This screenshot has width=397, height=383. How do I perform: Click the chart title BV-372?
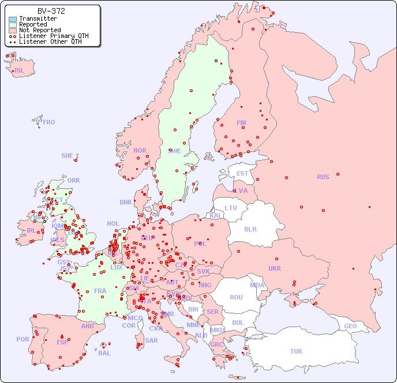(51, 11)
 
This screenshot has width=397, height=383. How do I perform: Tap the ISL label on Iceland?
(20, 71)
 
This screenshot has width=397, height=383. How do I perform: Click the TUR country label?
(296, 351)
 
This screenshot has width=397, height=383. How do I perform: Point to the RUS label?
(323, 177)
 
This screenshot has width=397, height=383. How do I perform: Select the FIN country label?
(241, 123)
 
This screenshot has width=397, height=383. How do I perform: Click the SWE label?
(174, 151)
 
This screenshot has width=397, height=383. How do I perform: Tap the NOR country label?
(140, 150)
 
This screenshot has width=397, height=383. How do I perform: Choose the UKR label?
(275, 268)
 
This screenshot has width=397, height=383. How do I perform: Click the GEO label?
(350, 326)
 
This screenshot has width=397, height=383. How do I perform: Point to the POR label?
(23, 339)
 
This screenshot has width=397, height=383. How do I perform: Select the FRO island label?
(49, 122)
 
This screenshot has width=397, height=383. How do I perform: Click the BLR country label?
(250, 229)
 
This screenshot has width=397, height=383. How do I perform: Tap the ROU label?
(236, 297)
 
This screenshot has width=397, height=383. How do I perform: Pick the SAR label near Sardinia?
(152, 340)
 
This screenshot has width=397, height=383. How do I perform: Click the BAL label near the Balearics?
(104, 353)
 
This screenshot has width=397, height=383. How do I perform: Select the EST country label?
(242, 173)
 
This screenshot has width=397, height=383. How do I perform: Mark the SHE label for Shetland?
(68, 156)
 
